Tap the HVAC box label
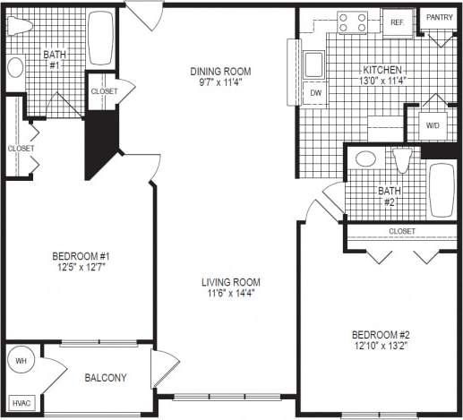click(x=21, y=403)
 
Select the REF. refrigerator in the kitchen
click(x=397, y=22)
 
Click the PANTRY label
click(x=439, y=17)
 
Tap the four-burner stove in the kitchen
click(x=352, y=21)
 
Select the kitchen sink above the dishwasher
click(x=314, y=64)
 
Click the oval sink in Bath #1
click(x=15, y=67)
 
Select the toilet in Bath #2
click(x=402, y=161)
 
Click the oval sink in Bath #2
click(x=365, y=159)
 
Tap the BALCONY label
click(x=105, y=378)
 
